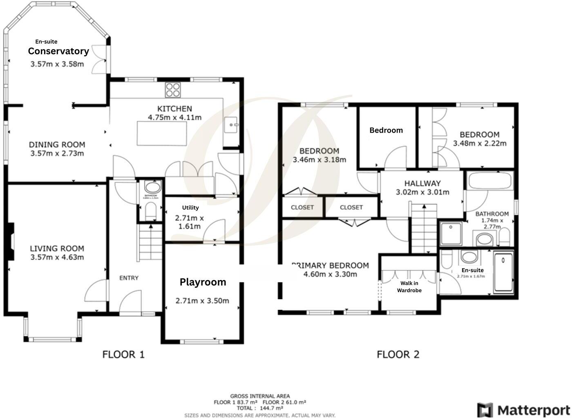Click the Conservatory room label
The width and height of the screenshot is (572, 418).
click(x=58, y=51)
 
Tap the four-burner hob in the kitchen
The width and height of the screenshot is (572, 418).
click(x=173, y=90)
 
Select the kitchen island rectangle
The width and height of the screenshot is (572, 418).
click(x=162, y=133)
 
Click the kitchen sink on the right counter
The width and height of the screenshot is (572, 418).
click(x=231, y=125)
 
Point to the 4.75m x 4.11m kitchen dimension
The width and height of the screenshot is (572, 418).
click(x=174, y=118)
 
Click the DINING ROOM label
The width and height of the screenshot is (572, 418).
click(x=57, y=145)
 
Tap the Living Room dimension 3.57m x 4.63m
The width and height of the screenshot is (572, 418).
click(x=57, y=257)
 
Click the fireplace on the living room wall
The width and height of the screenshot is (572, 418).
click(x=11, y=241)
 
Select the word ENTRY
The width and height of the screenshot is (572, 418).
click(x=129, y=278)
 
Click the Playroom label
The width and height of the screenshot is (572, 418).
click(x=203, y=282)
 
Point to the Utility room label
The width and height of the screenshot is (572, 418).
click(x=190, y=208)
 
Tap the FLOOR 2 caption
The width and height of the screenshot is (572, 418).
click(x=398, y=354)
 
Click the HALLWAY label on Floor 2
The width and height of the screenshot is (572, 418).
click(x=422, y=183)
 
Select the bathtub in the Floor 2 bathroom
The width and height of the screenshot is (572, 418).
click(x=489, y=181)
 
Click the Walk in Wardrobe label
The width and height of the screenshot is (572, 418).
click(x=409, y=287)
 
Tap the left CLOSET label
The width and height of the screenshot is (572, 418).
click(x=302, y=207)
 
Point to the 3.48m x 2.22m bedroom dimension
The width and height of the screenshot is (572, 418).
click(x=479, y=143)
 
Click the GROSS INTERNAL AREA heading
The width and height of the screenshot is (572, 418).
click(x=260, y=396)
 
